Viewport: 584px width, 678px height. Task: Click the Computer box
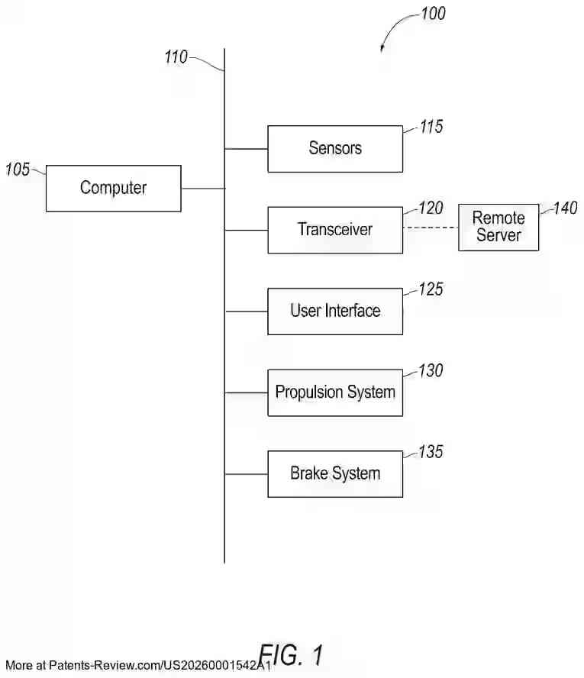click(x=113, y=188)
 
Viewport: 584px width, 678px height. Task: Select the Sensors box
click(x=334, y=148)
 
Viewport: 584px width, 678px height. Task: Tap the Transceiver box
click(x=334, y=229)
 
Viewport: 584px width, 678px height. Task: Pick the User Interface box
click(x=334, y=311)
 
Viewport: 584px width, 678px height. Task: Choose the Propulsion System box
click(x=334, y=392)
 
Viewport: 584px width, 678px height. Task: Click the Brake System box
click(x=334, y=473)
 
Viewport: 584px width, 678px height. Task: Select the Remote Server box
click(x=498, y=227)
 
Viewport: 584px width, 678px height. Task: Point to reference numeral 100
click(x=433, y=14)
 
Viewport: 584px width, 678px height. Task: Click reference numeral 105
click(x=18, y=169)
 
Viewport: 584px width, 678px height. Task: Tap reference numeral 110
click(x=176, y=56)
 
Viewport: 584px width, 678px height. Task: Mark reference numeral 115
click(x=431, y=127)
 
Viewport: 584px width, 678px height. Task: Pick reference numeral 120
click(x=431, y=208)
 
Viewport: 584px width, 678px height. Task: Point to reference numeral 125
click(x=431, y=289)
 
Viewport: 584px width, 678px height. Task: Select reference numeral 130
click(x=431, y=371)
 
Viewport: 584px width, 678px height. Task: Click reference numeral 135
click(x=431, y=452)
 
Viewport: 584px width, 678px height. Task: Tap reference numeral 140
click(x=565, y=208)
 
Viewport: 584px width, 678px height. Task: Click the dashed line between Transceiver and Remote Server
click(x=430, y=228)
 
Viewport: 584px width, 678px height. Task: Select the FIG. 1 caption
click(x=291, y=654)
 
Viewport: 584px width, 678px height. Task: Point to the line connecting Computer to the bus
click(x=202, y=188)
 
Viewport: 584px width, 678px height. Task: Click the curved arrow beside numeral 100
click(x=393, y=29)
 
